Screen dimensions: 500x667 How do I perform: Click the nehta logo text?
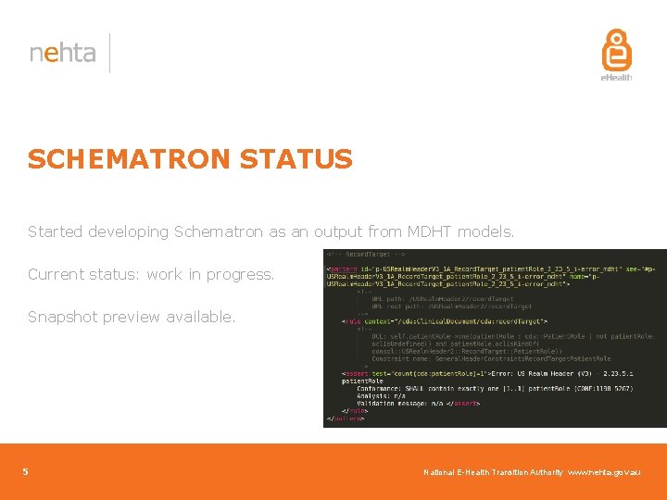click(x=62, y=53)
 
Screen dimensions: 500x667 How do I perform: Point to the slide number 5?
click(x=26, y=472)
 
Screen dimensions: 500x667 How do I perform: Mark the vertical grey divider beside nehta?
click(x=110, y=53)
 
